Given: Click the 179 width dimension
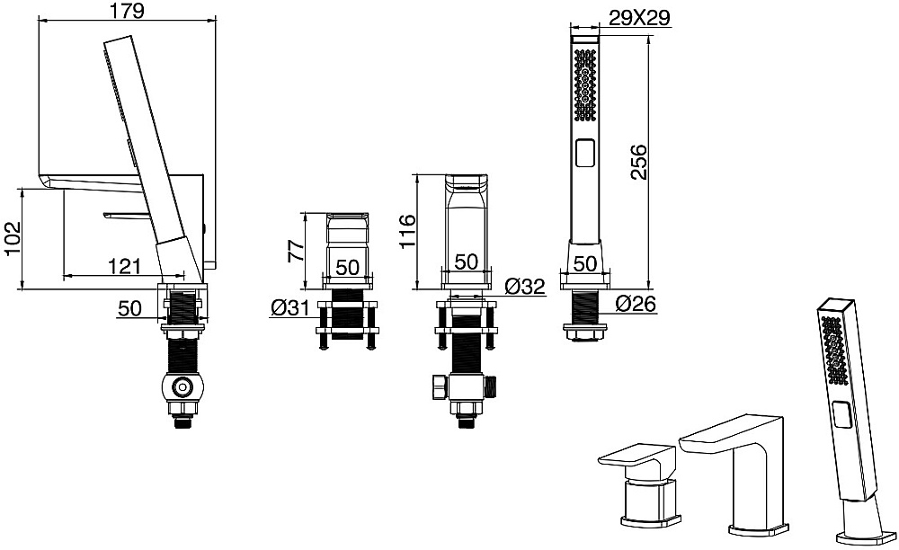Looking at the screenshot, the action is point(128,11).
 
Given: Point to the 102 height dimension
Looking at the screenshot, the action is point(12,238).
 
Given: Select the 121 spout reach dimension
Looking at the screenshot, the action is point(124,266).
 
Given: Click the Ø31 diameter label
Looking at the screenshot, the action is point(289,308).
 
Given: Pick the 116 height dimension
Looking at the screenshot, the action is point(408,231).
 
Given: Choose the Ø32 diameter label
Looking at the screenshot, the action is point(526,286).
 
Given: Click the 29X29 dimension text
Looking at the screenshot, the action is point(638,18).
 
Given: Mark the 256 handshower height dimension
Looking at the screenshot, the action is point(638,162).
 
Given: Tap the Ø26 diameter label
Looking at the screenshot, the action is point(636,304).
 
